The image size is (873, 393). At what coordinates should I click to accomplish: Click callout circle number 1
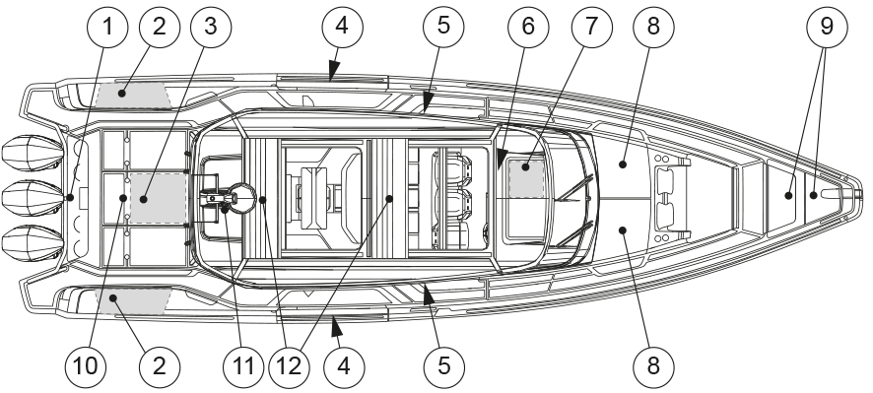108,27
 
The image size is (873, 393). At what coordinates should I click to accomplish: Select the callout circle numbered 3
211,27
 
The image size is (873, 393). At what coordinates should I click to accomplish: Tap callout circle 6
528,27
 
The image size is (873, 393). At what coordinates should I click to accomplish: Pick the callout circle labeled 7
591,27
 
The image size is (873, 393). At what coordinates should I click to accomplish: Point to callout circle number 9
827,27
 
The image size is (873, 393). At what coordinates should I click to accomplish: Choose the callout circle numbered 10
85,366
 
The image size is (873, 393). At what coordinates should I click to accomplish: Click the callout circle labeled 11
243,366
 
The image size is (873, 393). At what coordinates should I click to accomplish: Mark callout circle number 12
289,366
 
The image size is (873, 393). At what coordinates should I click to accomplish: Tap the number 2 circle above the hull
160,27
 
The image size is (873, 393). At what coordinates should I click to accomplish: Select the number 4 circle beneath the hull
344,366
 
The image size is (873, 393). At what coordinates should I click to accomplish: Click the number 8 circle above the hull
653,27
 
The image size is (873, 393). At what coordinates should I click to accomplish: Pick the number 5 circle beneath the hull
443,366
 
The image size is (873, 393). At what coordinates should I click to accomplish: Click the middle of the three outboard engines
34,197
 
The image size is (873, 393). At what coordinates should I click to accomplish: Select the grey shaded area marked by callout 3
158,198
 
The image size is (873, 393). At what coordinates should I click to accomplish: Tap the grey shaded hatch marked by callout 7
526,178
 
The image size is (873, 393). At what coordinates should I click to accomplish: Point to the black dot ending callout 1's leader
70,197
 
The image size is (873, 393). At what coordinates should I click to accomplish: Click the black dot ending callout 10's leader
123,198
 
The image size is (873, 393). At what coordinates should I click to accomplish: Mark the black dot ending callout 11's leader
225,209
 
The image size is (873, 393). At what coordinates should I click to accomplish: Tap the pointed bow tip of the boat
861,195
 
